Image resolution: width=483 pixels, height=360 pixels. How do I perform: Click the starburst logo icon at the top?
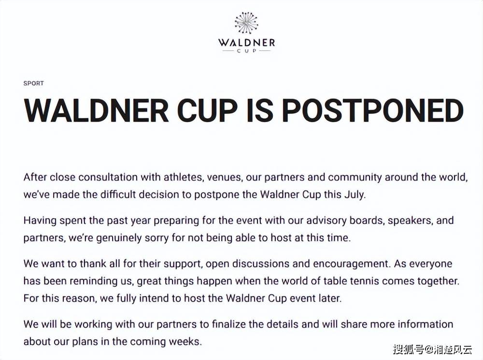[x=246, y=23]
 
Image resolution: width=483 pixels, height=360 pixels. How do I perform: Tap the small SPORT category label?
[x=34, y=83]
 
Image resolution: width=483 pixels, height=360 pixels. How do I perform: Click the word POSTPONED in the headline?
[x=373, y=111]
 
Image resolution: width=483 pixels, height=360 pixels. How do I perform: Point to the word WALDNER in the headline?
[x=97, y=111]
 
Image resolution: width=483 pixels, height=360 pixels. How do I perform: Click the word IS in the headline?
[x=260, y=111]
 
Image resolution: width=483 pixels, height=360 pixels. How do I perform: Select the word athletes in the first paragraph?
[x=183, y=177]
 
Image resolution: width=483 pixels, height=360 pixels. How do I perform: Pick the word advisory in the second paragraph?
[x=326, y=221]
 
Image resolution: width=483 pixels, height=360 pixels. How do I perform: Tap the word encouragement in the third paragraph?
[x=351, y=264]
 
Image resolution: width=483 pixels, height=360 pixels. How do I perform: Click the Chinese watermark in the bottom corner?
[x=432, y=349]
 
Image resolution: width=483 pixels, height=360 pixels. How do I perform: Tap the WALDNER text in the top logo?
[x=246, y=42]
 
